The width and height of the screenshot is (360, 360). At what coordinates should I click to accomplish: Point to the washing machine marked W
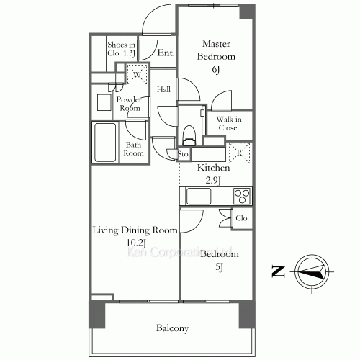[137, 73]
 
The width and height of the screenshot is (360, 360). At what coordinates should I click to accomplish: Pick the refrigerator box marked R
[238, 153]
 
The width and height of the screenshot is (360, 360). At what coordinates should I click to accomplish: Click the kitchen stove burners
[240, 195]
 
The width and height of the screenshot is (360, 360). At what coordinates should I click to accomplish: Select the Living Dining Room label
[134, 236]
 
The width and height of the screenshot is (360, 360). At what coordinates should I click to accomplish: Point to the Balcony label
[172, 328]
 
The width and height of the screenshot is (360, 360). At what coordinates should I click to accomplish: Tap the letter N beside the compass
[277, 271]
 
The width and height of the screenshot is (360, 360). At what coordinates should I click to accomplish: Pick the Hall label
[163, 89]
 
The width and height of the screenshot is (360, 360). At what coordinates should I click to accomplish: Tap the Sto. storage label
[183, 153]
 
